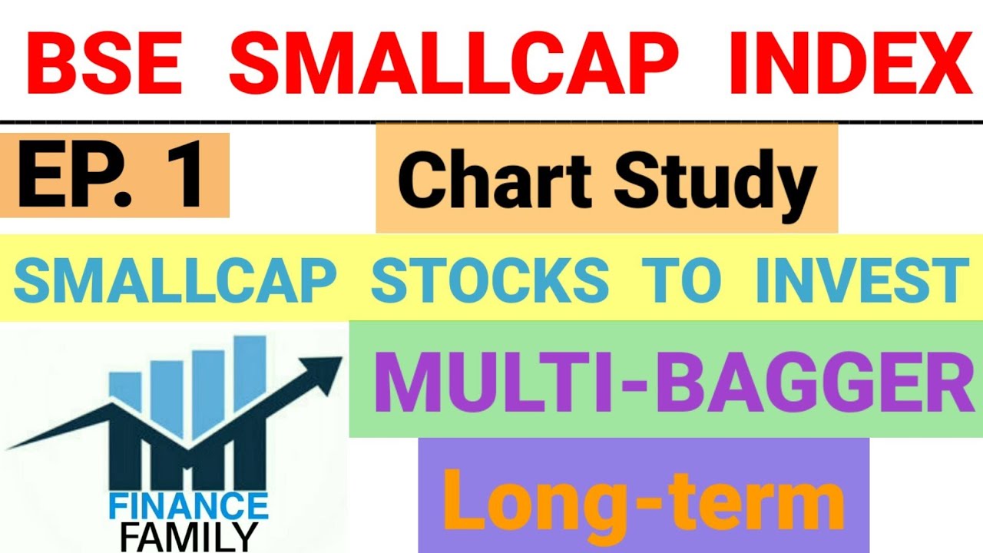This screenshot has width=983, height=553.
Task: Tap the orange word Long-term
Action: (644, 500)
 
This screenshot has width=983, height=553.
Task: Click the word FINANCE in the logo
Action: (188, 508)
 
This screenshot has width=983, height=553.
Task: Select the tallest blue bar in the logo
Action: (250, 376)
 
